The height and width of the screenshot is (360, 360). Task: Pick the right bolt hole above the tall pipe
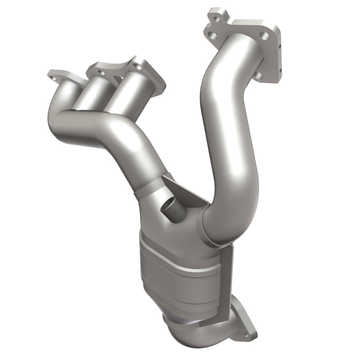(265, 36)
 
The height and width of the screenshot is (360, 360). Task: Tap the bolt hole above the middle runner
(102, 72)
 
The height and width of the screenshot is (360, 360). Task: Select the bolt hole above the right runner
(138, 67)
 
